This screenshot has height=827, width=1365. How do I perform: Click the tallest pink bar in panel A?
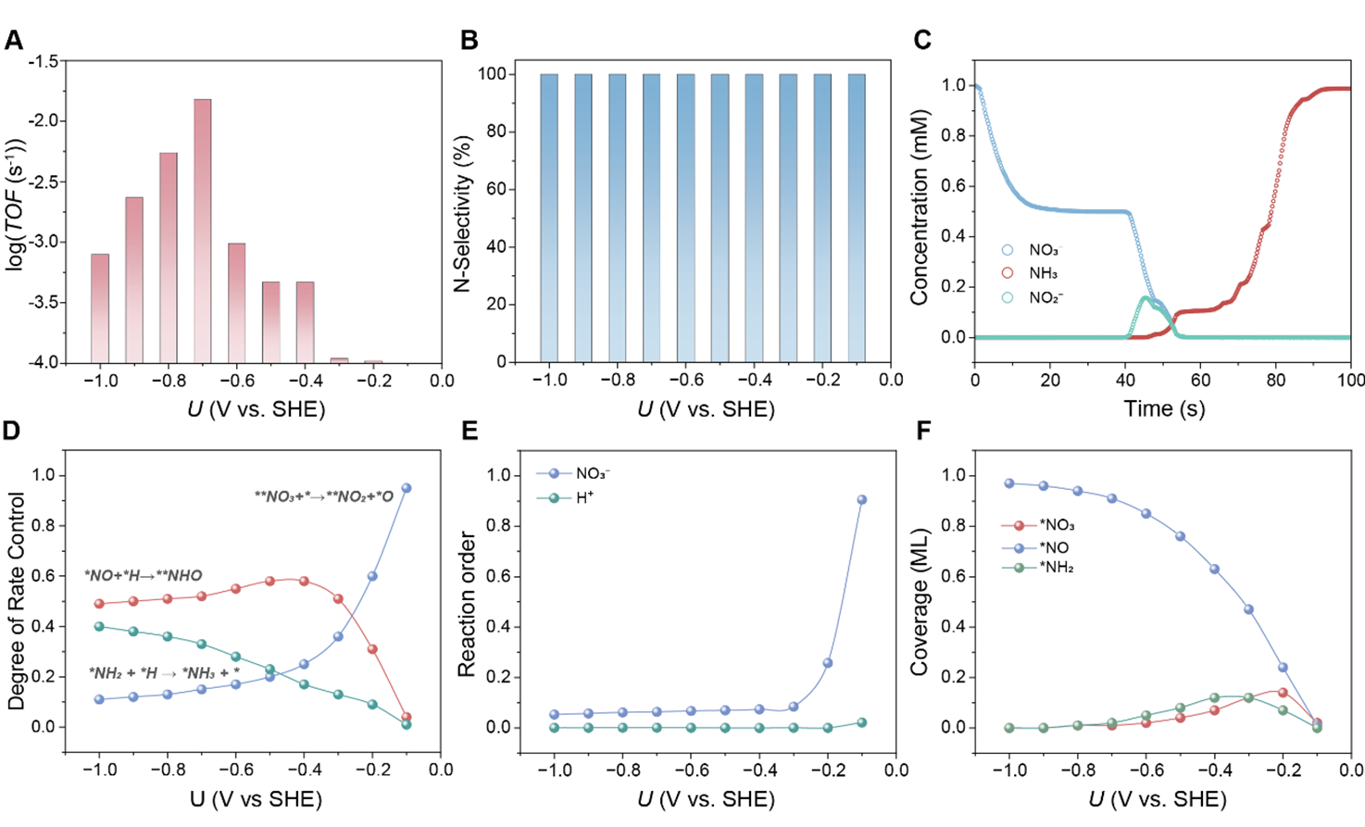[202, 231]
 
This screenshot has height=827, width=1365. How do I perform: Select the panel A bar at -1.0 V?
[100, 308]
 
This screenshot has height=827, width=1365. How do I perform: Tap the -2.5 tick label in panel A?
[43, 182]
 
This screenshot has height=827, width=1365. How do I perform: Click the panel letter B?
[470, 40]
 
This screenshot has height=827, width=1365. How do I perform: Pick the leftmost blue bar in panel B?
[549, 219]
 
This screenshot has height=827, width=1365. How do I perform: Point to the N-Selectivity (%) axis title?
[463, 213]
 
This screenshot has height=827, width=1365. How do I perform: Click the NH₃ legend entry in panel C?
[1031, 273]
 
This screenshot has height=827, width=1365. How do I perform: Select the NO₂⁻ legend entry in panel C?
[1033, 297]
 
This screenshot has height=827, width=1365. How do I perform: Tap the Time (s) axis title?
[1164, 408]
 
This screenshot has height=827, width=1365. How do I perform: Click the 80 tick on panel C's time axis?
[1275, 381]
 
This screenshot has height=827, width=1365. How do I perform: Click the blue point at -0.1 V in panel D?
[407, 487]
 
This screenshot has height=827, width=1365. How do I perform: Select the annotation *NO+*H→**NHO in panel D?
[144, 576]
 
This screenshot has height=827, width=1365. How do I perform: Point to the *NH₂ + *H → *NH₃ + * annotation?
[165, 673]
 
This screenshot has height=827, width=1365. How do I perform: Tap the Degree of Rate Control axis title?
[17, 601]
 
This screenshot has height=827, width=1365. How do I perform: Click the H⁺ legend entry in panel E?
[564, 498]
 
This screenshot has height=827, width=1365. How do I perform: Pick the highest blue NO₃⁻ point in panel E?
[861, 500]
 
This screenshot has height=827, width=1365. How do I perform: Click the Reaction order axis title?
[466, 605]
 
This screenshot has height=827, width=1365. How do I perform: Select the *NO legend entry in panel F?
[1036, 548]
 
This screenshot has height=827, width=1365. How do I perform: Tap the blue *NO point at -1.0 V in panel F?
[1009, 483]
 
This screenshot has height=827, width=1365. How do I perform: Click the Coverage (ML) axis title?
[919, 602]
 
